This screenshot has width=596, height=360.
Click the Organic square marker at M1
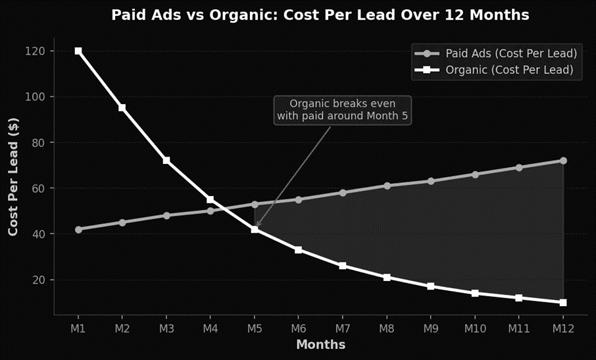78,51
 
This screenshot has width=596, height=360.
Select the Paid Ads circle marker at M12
563,161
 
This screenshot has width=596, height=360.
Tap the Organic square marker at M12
563,303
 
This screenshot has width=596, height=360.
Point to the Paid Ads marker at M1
78,230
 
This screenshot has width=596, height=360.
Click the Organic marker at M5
255,229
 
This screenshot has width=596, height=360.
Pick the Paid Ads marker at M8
387,186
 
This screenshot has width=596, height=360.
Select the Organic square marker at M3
166,161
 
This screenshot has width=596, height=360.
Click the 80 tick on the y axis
37,143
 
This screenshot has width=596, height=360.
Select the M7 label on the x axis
343,327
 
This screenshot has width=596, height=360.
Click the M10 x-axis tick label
475,327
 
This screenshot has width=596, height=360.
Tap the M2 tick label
122,327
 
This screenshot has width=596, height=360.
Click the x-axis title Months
320,344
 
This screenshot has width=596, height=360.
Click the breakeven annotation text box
342,110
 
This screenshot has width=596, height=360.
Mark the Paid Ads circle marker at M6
299,199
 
